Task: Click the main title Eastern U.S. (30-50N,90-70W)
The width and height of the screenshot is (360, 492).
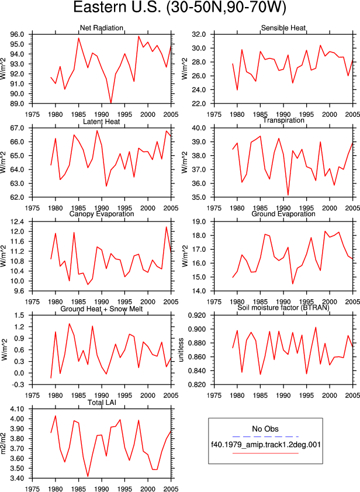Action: click(x=179, y=8)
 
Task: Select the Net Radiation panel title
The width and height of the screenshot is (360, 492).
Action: click(x=101, y=28)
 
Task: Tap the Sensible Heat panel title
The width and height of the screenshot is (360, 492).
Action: click(x=283, y=28)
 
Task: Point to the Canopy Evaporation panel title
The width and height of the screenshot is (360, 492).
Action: click(x=101, y=214)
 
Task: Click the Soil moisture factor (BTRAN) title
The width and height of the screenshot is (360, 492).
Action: click(x=283, y=307)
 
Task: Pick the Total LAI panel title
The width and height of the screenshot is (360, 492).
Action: click(x=102, y=402)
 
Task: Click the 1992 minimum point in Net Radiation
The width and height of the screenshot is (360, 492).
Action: click(x=111, y=103)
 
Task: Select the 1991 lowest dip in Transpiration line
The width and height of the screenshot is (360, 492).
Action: click(x=288, y=195)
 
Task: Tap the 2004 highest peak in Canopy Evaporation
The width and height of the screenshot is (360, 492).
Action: click(x=167, y=227)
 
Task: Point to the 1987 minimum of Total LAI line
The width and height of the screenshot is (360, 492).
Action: click(x=88, y=476)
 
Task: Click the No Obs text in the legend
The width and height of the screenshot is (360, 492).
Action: click(x=265, y=429)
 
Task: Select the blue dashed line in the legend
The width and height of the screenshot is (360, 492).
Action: click(x=265, y=436)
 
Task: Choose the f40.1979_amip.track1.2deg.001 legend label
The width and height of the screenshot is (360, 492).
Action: click(x=265, y=445)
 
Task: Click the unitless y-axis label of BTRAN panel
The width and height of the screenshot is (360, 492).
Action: click(x=181, y=350)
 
